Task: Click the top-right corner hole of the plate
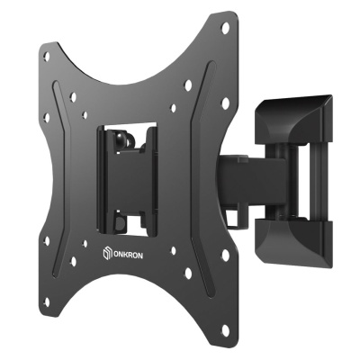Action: click(225, 28)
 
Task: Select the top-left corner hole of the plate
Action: click(47, 56)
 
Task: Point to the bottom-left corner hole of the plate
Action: click(47, 302)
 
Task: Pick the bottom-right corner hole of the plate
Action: click(225, 329)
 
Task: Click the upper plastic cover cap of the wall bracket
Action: click(293, 120)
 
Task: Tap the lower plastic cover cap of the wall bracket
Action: click(294, 241)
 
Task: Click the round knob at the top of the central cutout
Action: click(120, 137)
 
